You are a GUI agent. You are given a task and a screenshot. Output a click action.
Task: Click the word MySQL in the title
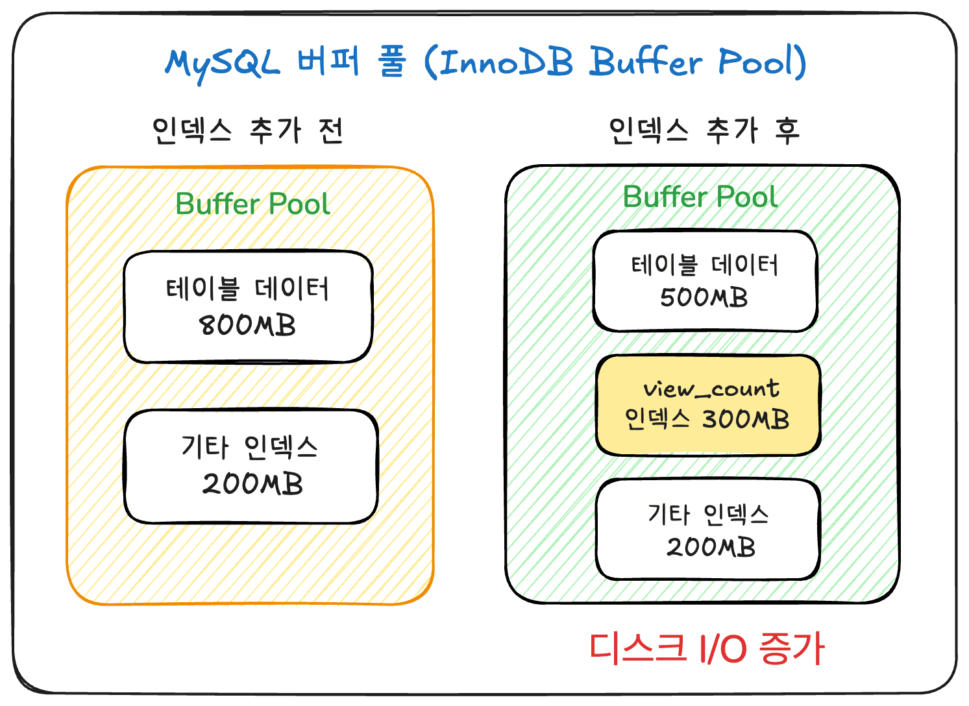click(x=222, y=64)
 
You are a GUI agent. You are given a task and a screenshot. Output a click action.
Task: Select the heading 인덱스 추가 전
click(x=247, y=130)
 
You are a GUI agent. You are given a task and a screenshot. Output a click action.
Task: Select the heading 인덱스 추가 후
click(x=704, y=130)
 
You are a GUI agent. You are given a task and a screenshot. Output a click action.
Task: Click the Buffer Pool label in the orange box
click(x=252, y=204)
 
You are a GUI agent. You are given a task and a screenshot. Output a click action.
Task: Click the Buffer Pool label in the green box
click(x=700, y=197)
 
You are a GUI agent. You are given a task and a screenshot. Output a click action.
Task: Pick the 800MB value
click(x=247, y=325)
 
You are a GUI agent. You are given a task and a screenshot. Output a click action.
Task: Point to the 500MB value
click(x=704, y=298)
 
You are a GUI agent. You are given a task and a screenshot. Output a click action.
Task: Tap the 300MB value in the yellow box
click(x=746, y=419)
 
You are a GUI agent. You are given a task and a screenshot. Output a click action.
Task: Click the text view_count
click(x=711, y=389)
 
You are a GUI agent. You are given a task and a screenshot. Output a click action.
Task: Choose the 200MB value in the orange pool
click(x=252, y=484)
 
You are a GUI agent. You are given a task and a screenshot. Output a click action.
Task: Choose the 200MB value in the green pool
click(x=711, y=547)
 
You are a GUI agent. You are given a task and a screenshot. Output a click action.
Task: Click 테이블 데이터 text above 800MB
click(x=247, y=289)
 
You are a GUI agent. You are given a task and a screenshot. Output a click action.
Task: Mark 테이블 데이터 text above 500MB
click(x=704, y=265)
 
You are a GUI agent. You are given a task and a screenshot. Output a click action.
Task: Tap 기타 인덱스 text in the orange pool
click(x=250, y=447)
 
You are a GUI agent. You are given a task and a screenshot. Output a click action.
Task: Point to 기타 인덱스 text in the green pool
click(x=708, y=515)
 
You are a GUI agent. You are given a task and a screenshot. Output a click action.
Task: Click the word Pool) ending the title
click(x=762, y=62)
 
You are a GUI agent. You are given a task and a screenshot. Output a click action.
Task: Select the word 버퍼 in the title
click(x=328, y=62)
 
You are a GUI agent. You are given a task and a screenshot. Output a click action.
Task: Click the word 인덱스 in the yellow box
click(x=657, y=419)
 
